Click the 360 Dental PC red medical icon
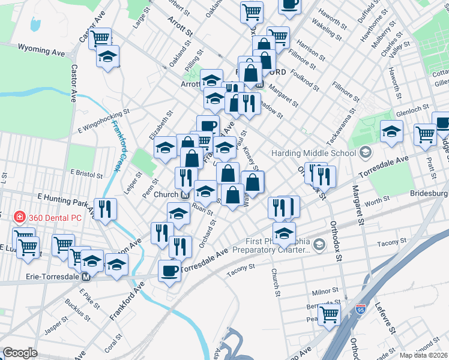point(19,217)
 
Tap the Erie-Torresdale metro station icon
point(86,277)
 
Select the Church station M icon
point(185,194)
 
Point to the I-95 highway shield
point(360,310)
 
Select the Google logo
point(20,353)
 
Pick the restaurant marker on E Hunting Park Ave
point(106,209)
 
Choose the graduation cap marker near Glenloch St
point(391,131)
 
